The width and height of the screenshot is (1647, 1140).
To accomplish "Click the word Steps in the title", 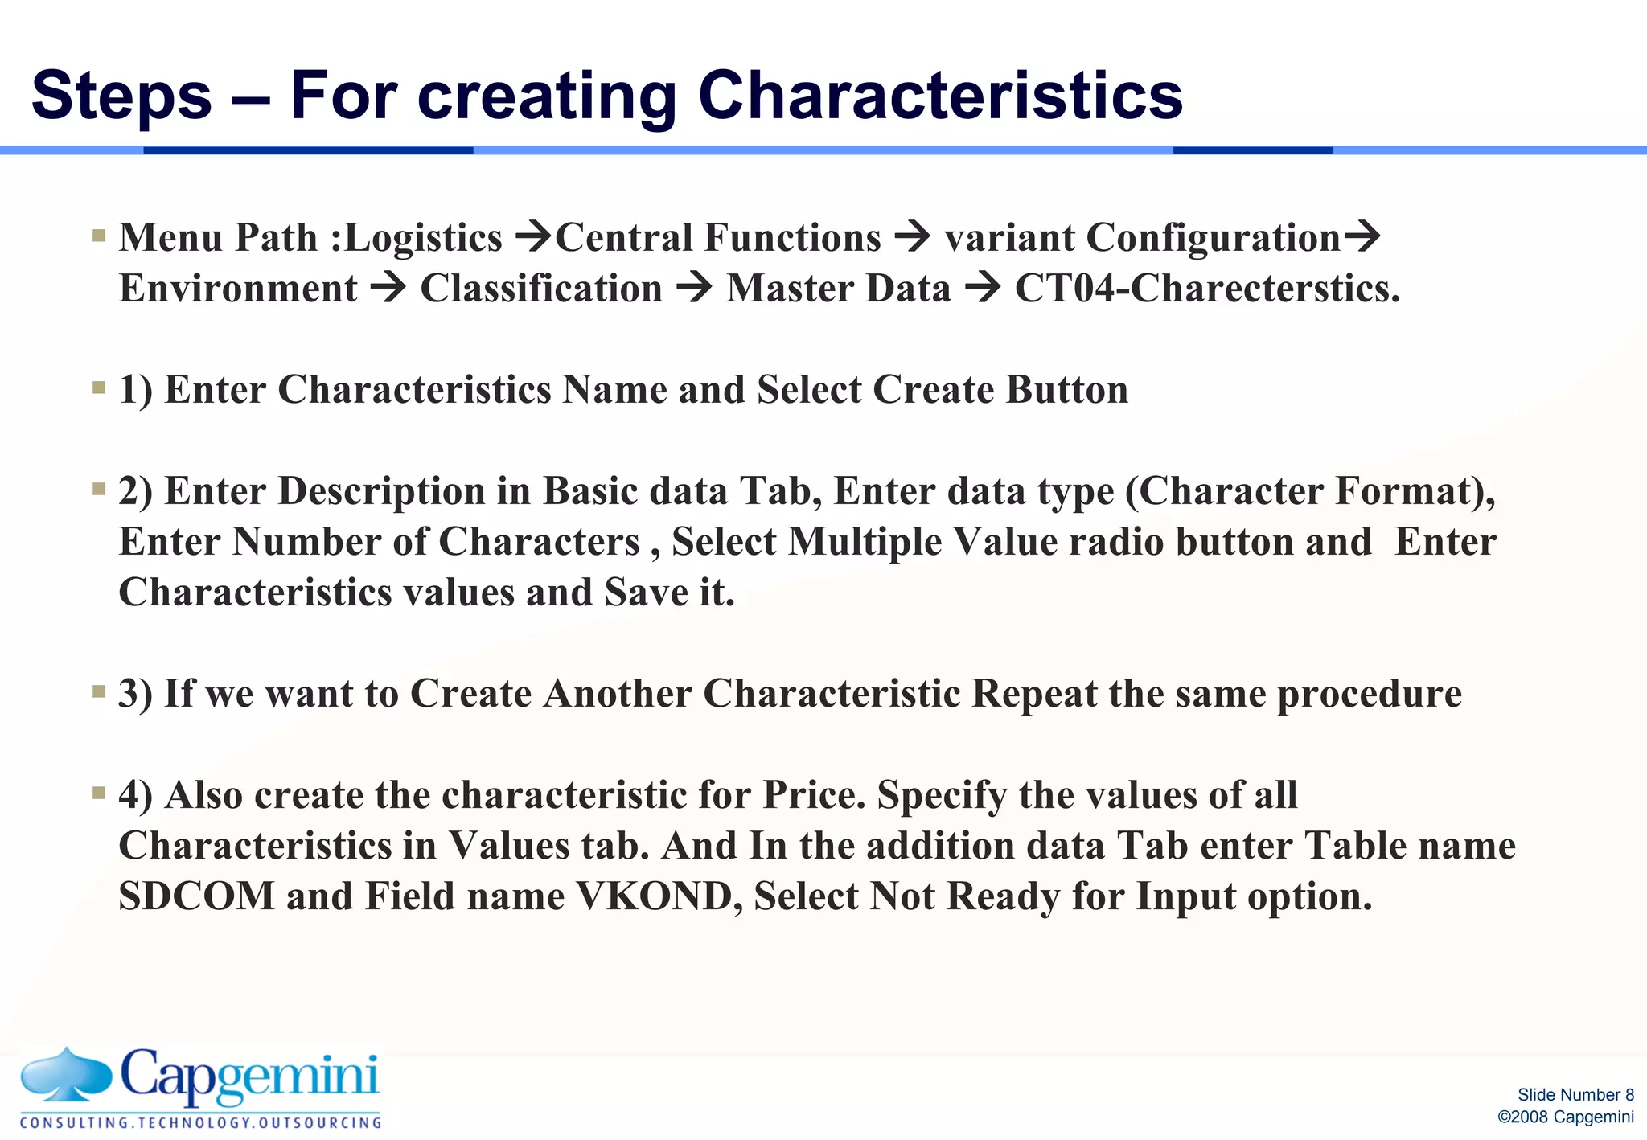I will [121, 96].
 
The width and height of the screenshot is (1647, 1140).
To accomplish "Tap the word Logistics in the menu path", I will [423, 238].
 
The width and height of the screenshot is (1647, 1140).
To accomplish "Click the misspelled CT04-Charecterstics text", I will [1206, 289].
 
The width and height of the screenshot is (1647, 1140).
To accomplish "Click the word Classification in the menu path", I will [541, 289].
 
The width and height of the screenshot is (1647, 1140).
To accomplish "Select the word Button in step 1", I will [1066, 390].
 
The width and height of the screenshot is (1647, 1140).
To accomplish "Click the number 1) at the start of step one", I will [135, 390].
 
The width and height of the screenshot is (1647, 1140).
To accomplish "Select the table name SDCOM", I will [197, 896].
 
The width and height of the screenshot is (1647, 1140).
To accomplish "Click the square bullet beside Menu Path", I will [99, 236].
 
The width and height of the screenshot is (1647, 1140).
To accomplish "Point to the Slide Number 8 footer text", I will [1575, 1094].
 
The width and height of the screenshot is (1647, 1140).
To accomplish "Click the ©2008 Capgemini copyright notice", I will [1565, 1117].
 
